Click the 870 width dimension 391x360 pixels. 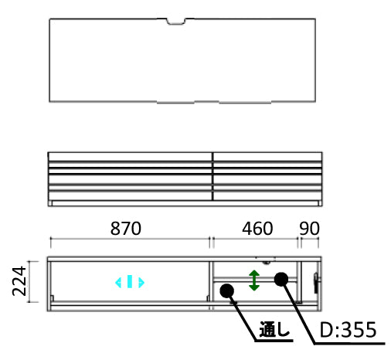tap(126, 229)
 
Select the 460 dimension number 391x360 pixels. tap(257, 229)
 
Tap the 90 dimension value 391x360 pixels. tap(309, 229)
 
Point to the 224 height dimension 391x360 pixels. tap(19, 281)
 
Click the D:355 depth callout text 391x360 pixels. tap(348, 330)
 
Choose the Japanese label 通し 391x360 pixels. tap(274, 329)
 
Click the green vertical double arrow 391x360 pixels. tap(254, 280)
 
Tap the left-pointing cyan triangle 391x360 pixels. tap(118, 283)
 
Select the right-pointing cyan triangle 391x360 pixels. tap(141, 283)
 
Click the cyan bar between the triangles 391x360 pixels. tap(130, 281)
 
